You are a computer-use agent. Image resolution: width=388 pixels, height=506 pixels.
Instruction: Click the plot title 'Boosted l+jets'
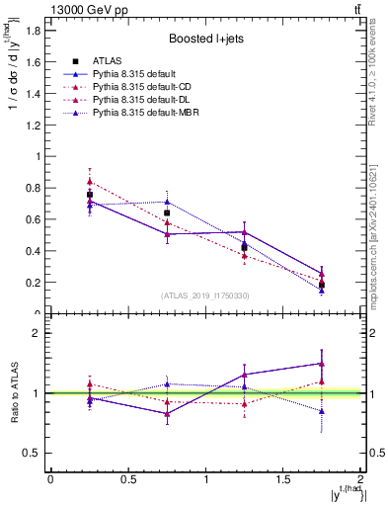click(x=205, y=40)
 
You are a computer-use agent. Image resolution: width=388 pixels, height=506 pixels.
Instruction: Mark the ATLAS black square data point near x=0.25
click(x=90, y=195)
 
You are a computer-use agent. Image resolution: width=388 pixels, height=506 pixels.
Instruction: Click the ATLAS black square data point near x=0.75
click(x=167, y=212)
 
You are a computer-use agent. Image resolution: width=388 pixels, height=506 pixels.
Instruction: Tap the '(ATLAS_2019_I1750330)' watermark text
click(x=205, y=295)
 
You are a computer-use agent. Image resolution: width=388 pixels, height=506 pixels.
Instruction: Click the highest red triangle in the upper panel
click(x=90, y=182)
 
